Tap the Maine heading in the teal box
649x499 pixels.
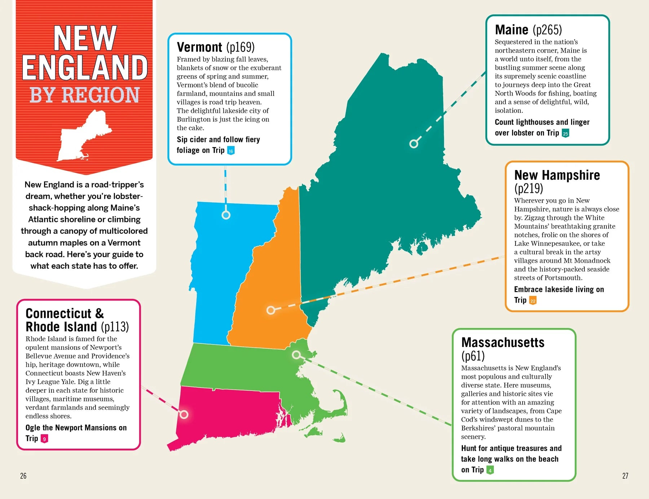pos(511,30)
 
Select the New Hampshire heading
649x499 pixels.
pos(557,175)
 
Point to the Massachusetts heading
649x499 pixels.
pos(503,342)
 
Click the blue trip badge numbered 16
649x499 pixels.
pos(231,151)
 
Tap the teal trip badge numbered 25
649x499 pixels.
pos(565,133)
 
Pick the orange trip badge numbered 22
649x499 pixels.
pos(533,300)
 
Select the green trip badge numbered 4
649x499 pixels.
pos(490,470)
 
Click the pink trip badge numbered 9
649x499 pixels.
pos(44,439)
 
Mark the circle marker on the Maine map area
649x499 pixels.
pos(414,144)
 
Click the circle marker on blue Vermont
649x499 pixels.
pos(226,215)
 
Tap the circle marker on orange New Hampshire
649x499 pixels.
pos(271,310)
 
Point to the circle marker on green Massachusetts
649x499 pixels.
pos(296,355)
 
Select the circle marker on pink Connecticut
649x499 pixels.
pos(184,414)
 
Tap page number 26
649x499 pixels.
pos(23,476)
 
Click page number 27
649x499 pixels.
pos(625,476)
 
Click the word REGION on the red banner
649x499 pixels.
pos(100,95)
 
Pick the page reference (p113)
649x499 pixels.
pos(115,327)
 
